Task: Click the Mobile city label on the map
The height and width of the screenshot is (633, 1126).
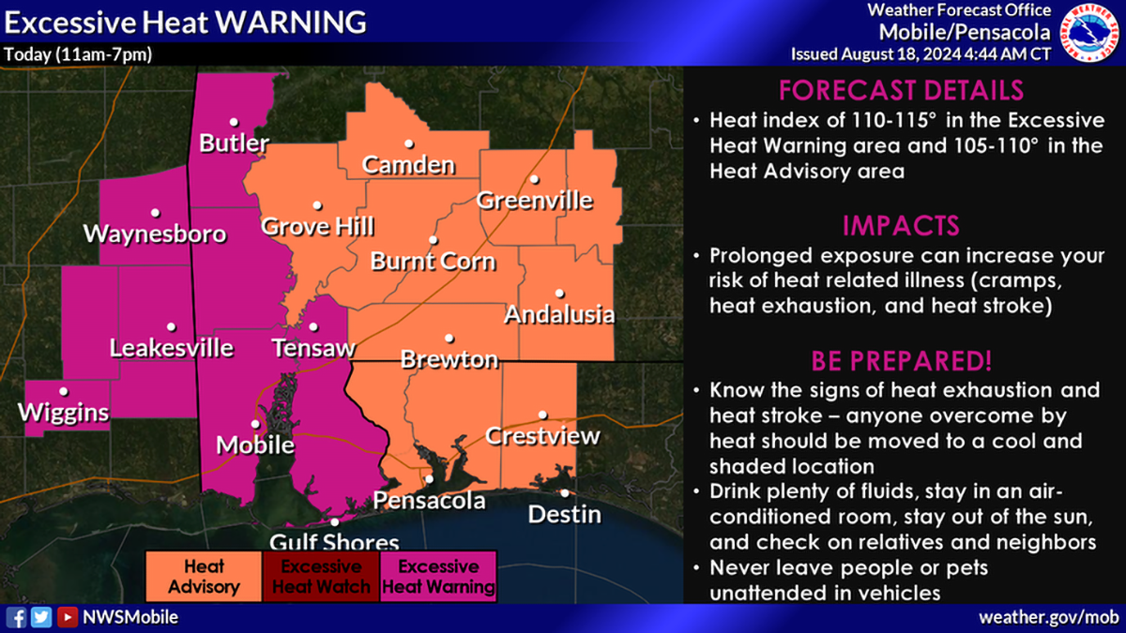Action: [x=255, y=445]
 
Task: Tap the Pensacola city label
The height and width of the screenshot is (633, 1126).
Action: [x=429, y=501]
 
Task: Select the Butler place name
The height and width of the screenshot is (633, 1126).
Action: [x=234, y=143]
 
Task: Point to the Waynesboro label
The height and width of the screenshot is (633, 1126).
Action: [x=155, y=234]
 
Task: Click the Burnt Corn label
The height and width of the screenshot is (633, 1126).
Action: [x=433, y=261]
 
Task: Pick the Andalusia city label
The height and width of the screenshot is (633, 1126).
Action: [x=559, y=314]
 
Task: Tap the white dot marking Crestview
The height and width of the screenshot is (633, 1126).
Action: [x=541, y=414]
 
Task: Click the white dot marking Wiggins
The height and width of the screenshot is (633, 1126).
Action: [x=64, y=391]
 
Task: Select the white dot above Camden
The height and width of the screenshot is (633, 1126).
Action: [x=409, y=143]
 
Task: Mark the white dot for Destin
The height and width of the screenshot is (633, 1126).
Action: [x=564, y=492]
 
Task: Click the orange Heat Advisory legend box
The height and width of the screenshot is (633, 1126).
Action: [x=204, y=578]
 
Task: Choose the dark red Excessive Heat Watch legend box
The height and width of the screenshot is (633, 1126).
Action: [x=321, y=578]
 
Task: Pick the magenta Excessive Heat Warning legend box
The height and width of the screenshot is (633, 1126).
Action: [x=438, y=578]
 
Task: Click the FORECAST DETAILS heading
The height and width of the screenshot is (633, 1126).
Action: [x=901, y=91]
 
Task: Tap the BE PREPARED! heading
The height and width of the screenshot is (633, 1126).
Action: [x=901, y=361]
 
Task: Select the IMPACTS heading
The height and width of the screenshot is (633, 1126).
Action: [x=901, y=226]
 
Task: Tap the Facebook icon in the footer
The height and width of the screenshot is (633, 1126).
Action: [x=17, y=617]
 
